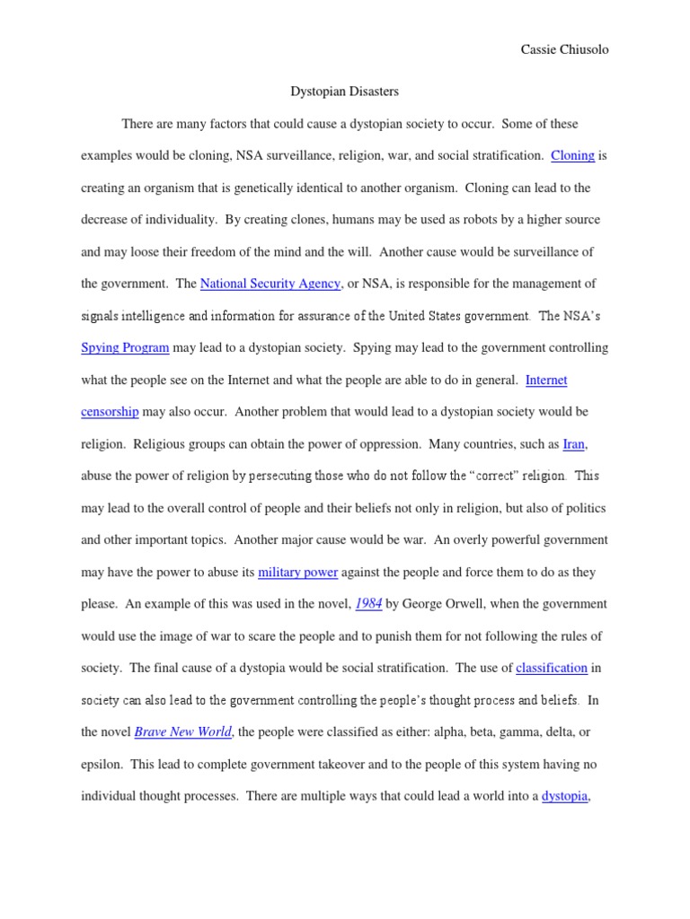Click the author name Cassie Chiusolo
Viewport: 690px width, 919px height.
pos(564,50)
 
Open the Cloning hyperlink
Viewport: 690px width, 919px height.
pos(572,155)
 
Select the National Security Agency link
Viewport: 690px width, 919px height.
pos(270,284)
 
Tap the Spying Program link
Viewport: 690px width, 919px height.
pos(125,347)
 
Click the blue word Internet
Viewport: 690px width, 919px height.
pos(546,380)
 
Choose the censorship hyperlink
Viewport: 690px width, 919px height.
pos(110,412)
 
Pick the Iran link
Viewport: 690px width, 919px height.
pos(574,443)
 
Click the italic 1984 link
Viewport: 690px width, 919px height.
pos(368,604)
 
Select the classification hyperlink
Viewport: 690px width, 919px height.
pos(552,668)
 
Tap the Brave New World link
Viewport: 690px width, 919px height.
pos(183,731)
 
